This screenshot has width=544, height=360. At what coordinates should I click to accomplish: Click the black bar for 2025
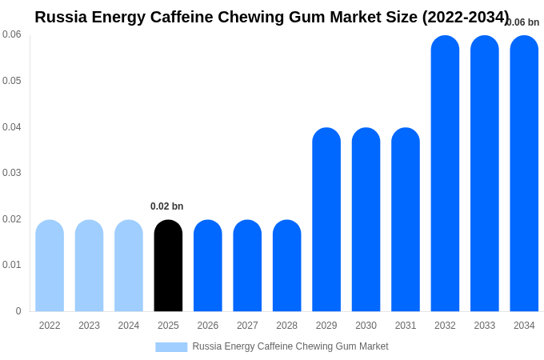tap(168, 266)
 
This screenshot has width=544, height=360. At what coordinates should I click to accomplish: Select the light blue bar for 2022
tap(50, 266)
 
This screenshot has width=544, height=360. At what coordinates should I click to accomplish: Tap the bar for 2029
tap(326, 220)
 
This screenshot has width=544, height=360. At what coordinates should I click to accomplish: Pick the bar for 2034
tap(524, 174)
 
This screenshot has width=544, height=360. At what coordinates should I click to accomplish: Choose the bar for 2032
tap(445, 174)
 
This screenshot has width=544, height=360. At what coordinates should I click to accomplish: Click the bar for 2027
tap(247, 266)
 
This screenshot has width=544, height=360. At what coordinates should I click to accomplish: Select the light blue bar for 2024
tap(129, 266)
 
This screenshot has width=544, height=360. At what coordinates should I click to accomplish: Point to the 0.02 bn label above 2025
tap(166, 206)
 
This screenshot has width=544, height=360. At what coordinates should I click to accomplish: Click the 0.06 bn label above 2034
tap(523, 22)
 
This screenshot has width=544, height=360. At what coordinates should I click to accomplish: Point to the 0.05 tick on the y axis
tap(12, 81)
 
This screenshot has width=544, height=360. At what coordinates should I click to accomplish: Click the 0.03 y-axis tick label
tap(12, 173)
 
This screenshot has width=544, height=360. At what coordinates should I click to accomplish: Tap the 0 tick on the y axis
tap(18, 311)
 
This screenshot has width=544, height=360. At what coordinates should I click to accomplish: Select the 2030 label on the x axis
tap(366, 326)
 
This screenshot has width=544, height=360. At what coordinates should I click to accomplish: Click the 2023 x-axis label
tap(89, 326)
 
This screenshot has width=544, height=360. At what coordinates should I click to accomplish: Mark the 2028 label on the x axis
tap(286, 326)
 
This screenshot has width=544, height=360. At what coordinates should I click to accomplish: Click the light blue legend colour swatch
tap(171, 347)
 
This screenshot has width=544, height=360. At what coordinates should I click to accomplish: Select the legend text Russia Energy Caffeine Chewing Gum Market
tap(290, 346)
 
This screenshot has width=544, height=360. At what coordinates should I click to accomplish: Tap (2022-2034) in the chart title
tap(466, 17)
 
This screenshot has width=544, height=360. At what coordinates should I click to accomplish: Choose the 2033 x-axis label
tap(484, 326)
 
